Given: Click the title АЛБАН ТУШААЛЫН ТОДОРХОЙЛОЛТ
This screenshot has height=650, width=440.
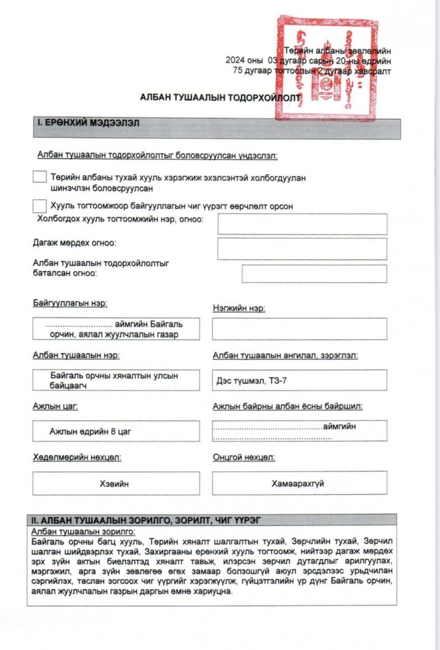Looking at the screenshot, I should click(x=219, y=98).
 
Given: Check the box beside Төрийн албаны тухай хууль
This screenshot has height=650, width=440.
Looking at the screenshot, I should click(x=40, y=177).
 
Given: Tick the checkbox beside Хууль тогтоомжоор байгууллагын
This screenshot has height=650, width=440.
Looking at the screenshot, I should click(x=40, y=206).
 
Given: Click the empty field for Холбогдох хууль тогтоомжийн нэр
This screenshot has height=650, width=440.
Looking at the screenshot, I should click(x=302, y=224).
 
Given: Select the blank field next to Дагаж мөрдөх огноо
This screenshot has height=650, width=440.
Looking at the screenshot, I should click(x=302, y=249).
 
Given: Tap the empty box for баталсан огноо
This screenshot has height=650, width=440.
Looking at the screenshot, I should click(x=314, y=274).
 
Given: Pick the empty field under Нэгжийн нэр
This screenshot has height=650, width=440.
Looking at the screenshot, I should click(x=299, y=329).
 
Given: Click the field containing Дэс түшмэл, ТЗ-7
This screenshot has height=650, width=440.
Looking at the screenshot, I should click(x=299, y=380).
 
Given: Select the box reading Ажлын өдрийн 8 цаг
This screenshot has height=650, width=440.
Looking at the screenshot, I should click(x=116, y=431).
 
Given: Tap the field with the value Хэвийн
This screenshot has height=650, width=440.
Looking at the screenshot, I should click(x=116, y=483).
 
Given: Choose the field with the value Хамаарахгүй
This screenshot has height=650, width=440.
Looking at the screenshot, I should click(x=299, y=483).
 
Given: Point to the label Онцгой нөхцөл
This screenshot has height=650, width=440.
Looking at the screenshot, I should click(x=244, y=458).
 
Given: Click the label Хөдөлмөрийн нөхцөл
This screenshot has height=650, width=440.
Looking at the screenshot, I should click(x=77, y=458).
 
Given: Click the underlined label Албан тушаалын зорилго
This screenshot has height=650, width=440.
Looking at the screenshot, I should click(x=83, y=531).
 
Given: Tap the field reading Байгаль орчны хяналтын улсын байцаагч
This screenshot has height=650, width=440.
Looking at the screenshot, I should click(x=116, y=380).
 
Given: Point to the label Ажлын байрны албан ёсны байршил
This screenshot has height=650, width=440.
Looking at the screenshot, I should click(x=287, y=406).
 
